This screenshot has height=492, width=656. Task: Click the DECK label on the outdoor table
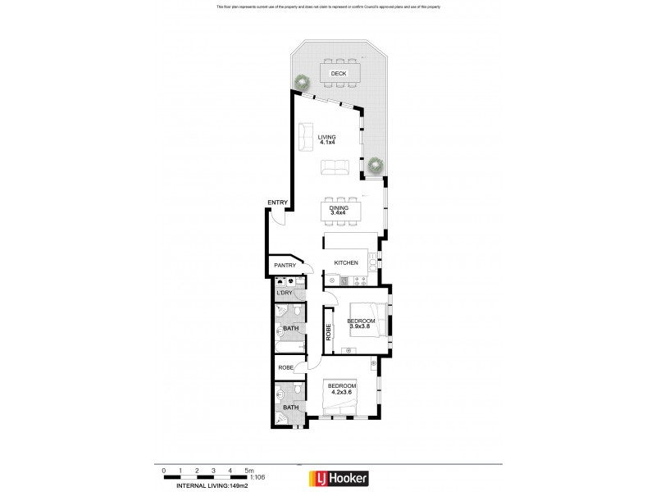(x=338, y=75)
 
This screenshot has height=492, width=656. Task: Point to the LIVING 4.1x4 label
(x=328, y=140)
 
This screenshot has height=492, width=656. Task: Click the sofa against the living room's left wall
(x=305, y=134)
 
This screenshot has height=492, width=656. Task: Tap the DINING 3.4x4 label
(x=339, y=212)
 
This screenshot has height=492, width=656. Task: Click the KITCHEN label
(x=347, y=262)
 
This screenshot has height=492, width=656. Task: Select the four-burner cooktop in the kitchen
(x=373, y=262)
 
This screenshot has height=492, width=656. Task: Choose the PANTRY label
(x=284, y=266)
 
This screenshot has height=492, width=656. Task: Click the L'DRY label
(x=285, y=293)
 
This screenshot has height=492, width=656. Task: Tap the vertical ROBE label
(x=329, y=334)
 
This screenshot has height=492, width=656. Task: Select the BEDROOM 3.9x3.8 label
(x=361, y=323)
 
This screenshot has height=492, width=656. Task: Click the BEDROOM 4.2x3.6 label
(x=342, y=389)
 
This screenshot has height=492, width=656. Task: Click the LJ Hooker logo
(x=338, y=477)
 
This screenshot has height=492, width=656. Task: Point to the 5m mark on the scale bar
(x=247, y=471)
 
